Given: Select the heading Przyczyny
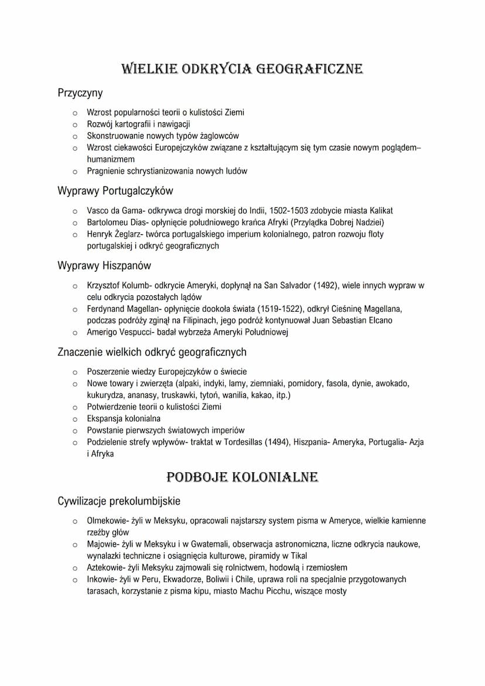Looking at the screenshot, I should point(80,93).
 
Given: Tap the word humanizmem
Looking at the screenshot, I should point(111,159).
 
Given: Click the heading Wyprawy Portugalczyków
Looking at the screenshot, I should point(115,191).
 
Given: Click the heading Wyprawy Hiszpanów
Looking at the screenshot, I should point(104,265).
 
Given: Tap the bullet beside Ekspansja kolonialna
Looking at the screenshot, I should point(75,419).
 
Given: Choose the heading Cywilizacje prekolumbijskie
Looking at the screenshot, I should point(119,501).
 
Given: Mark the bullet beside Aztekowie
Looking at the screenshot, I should point(75,568).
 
